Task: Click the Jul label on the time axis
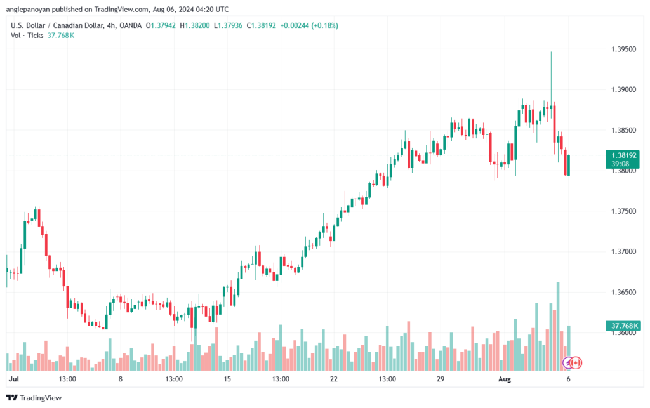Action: (13, 379)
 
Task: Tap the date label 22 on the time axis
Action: (333, 379)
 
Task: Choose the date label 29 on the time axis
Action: (440, 379)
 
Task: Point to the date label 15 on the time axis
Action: (227, 379)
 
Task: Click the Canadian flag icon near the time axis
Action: (576, 362)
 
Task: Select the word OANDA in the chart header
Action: (130, 25)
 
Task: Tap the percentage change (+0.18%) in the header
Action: (321, 25)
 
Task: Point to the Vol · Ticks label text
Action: (27, 36)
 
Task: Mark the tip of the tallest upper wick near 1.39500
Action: (551, 52)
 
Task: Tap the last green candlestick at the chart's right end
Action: (569, 165)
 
